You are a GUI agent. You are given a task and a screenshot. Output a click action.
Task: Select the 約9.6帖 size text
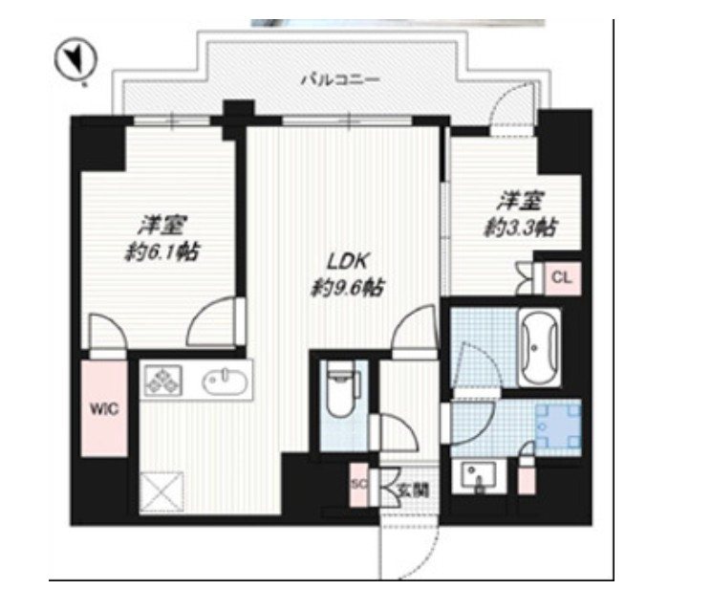click(x=345, y=285)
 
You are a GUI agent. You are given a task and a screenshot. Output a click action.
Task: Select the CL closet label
click(x=560, y=278)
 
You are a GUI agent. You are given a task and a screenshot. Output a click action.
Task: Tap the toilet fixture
click(x=339, y=388)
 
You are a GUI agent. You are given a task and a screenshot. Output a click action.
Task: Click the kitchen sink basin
click(x=226, y=382)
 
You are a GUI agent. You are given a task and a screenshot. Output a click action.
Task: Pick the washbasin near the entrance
click(x=475, y=475)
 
